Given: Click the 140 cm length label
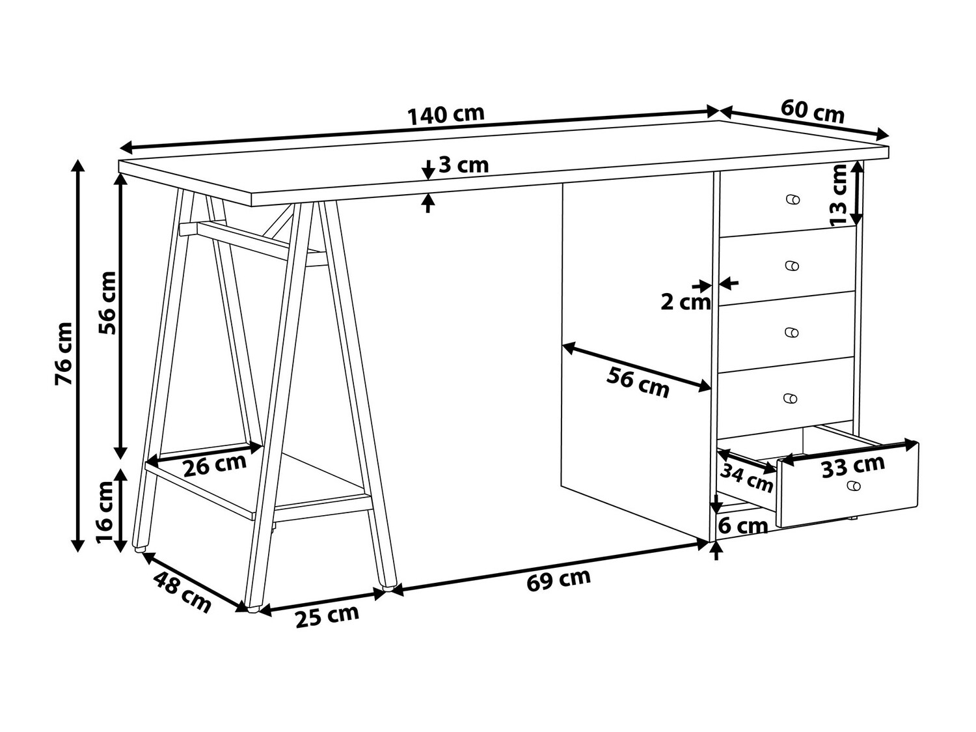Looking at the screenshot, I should coord(446,115).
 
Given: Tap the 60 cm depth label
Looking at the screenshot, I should coord(812,111).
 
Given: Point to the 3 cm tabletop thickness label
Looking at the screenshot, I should coord(463,165).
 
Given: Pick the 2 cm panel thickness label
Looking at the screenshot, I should coord(685,302).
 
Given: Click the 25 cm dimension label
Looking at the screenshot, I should coord(327,615).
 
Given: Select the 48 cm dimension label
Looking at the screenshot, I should coord(183,591).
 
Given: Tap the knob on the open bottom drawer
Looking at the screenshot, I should coord(853,486).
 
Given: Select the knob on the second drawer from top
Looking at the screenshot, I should coord(792,266).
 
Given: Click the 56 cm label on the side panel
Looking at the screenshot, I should coord(638,382).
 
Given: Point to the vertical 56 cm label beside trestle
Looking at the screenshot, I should coord(107,302).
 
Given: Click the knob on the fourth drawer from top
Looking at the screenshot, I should coord(791,399).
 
